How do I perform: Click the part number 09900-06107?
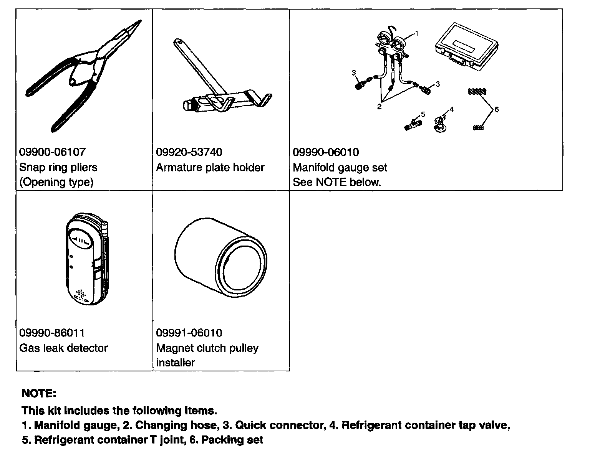pyautogui.click(x=52, y=152)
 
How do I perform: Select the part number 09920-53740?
pyautogui.click(x=189, y=152)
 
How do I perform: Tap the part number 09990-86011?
pyautogui.click(x=52, y=333)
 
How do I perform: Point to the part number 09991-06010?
pyautogui.click(x=189, y=333)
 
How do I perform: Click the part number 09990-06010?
pyautogui.click(x=326, y=152)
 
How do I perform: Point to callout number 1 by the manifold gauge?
pyautogui.click(x=417, y=33)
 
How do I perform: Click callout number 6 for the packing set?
pyautogui.click(x=496, y=110)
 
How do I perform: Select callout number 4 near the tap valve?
pyautogui.click(x=452, y=109)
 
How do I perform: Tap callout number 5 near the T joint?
pyautogui.click(x=423, y=114)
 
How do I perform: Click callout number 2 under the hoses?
pyautogui.click(x=379, y=107)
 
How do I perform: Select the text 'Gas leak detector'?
pyautogui.click(x=63, y=348)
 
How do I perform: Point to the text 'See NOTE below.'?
pyautogui.click(x=336, y=182)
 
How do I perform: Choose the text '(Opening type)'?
pyautogui.click(x=56, y=182)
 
